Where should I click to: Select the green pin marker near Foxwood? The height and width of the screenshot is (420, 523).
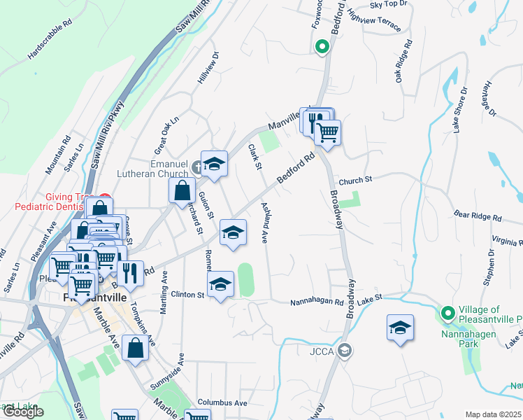(322, 47)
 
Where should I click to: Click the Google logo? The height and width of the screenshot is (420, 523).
(22, 412)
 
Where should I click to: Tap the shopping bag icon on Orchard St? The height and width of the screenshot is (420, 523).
(182, 190)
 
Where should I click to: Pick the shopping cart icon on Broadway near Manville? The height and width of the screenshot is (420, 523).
(327, 131)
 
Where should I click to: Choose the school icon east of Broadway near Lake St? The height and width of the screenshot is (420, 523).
(400, 328)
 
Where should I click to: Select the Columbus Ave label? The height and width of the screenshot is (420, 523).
(222, 403)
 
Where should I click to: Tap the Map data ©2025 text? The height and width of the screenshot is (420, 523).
(494, 414)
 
